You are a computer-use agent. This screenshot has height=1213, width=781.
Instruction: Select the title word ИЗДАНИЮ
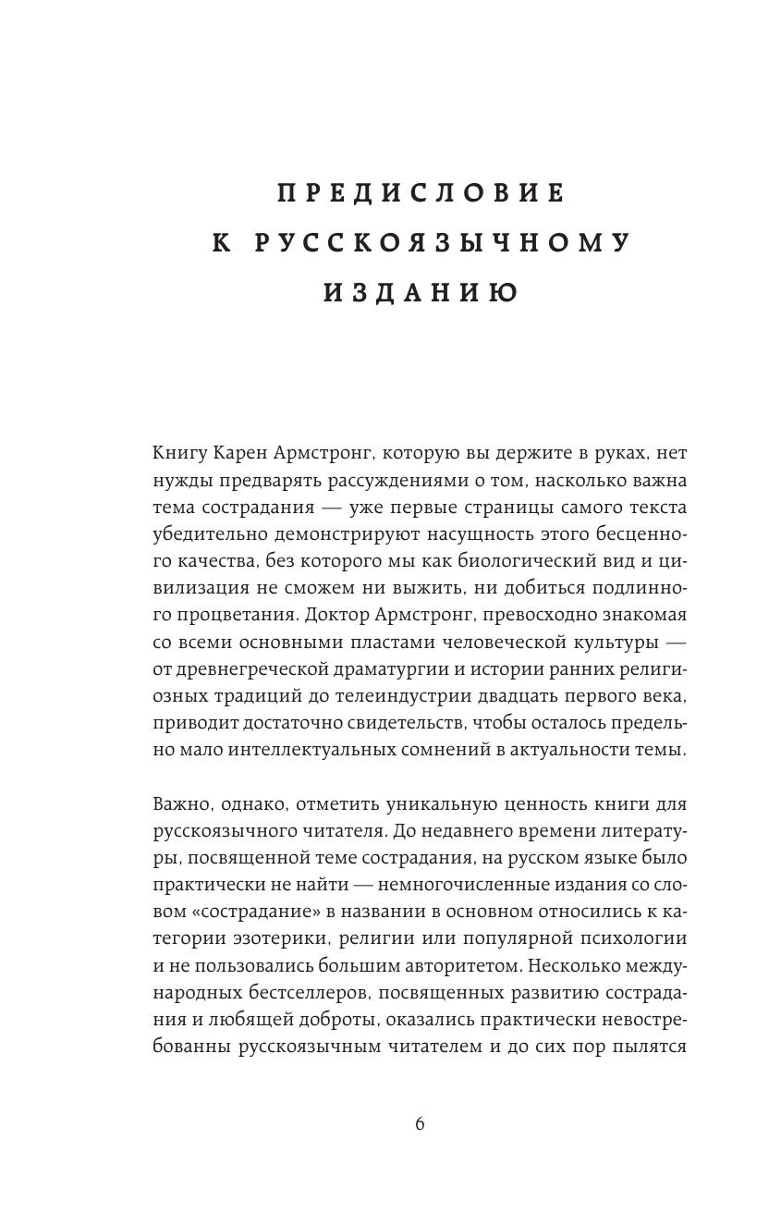420,293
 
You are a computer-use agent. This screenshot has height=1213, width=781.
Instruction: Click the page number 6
420,1124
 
